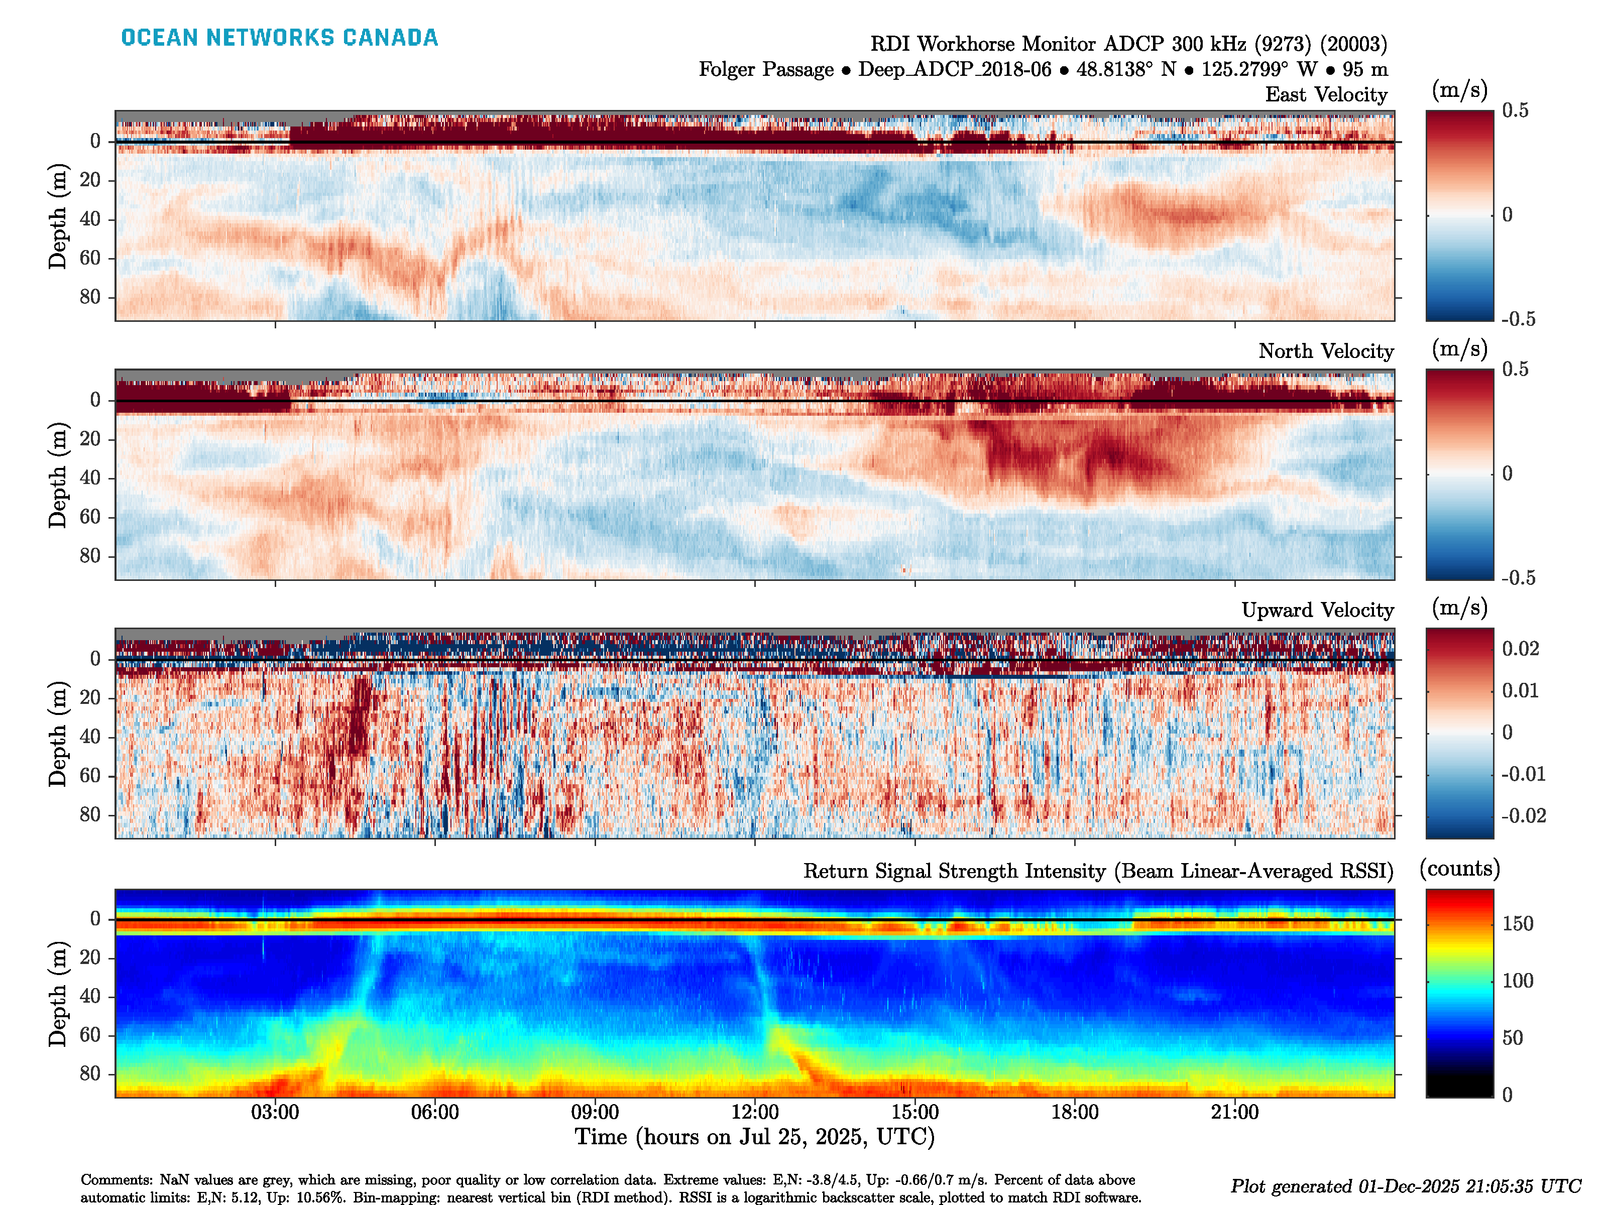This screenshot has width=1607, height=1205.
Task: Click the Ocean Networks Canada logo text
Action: pos(280,38)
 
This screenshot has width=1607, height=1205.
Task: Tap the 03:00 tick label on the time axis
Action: pos(275,1112)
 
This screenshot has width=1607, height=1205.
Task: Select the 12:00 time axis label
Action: pos(755,1112)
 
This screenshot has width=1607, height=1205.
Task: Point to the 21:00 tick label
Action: pos(1234,1112)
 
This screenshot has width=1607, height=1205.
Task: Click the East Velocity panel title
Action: pos(1326,94)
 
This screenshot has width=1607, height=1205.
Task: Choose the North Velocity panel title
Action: pos(1326,351)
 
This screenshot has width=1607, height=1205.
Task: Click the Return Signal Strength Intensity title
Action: pos(1098,871)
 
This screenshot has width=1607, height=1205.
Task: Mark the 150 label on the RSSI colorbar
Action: pos(1518,924)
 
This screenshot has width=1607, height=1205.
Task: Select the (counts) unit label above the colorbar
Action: pos(1459,869)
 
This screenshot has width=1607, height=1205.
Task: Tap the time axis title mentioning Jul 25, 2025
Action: pos(754,1137)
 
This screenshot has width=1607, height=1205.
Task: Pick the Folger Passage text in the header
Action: pos(766,70)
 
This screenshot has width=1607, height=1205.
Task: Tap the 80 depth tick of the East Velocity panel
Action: pos(90,297)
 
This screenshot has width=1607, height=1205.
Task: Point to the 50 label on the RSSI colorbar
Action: pos(1513,1038)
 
